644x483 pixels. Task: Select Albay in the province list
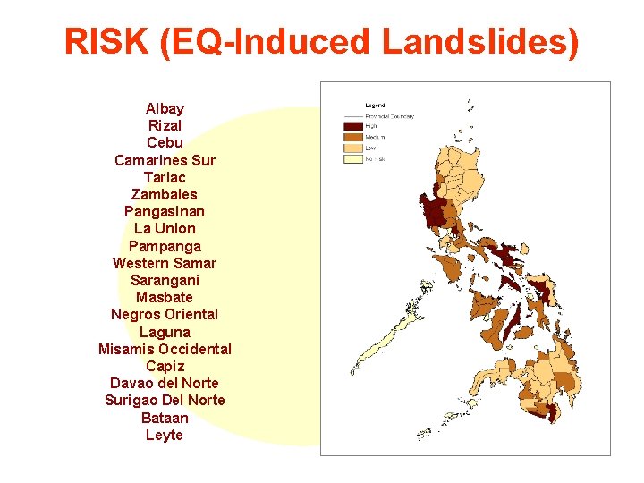pyautogui.click(x=165, y=108)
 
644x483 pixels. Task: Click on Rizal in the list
pyautogui.click(x=165, y=125)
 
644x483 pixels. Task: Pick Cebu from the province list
pyautogui.click(x=165, y=142)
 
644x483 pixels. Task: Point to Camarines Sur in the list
pyautogui.click(x=165, y=160)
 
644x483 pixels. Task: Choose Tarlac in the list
pyautogui.click(x=165, y=177)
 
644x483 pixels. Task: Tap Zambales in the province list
pyautogui.click(x=165, y=194)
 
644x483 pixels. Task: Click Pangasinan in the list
pyautogui.click(x=165, y=211)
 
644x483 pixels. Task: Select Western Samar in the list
pyautogui.click(x=165, y=263)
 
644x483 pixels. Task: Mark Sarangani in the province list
pyautogui.click(x=165, y=280)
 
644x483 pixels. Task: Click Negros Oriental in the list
pyautogui.click(x=165, y=314)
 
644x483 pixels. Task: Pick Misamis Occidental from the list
pyautogui.click(x=165, y=349)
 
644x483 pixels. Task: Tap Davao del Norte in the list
pyautogui.click(x=165, y=383)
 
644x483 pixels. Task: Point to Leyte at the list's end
pyautogui.click(x=165, y=435)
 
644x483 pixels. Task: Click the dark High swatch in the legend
pyautogui.click(x=352, y=127)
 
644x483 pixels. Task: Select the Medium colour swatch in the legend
pyautogui.click(x=352, y=137)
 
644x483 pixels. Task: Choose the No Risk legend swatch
pyautogui.click(x=352, y=158)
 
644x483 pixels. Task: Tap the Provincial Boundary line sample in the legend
pyautogui.click(x=352, y=116)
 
